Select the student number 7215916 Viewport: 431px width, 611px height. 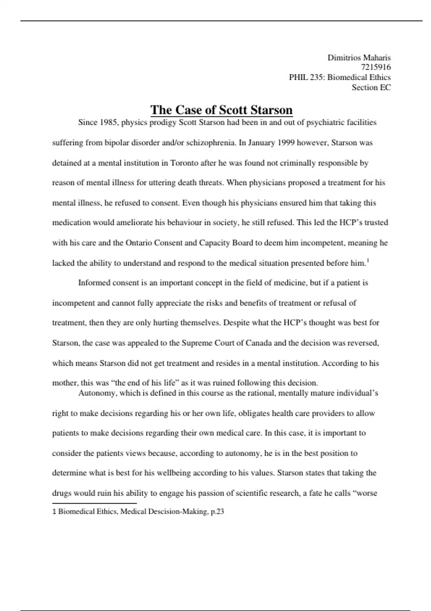coord(376,67)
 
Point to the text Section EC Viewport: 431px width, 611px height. coord(371,87)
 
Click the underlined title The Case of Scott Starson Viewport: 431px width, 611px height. coord(221,110)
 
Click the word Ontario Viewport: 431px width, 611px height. coord(140,243)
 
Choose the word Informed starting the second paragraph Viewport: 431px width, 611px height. coord(94,283)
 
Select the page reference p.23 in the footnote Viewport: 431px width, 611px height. coord(217,511)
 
